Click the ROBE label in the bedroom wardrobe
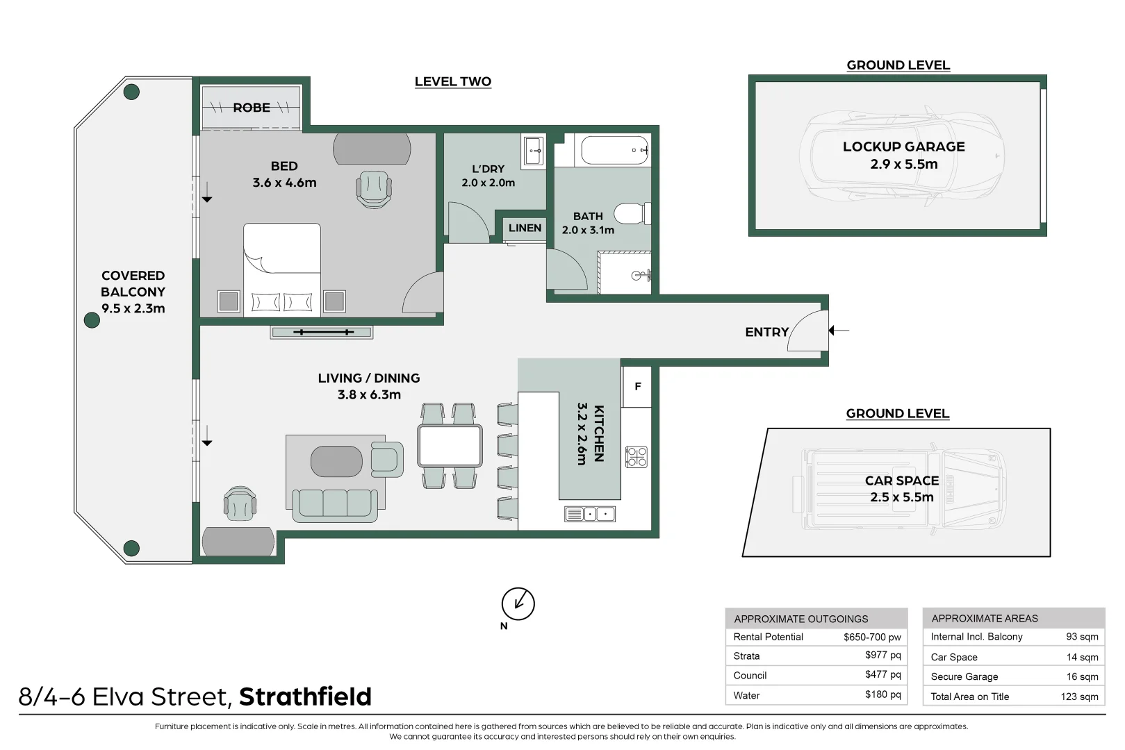[252, 108]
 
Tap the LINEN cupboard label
[525, 228]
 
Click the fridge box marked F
[637, 387]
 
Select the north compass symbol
[518, 603]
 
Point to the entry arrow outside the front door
[839, 331]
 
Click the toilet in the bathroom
[633, 213]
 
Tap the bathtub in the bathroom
[614, 150]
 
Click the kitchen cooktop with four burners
[637, 456]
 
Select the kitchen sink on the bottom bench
[590, 515]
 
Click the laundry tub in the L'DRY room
[533, 151]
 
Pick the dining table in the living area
[450, 446]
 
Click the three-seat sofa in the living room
[335, 505]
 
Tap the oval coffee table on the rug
[336, 462]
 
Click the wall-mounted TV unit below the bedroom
[322, 333]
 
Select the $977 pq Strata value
[882, 655]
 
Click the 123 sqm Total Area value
[1079, 697]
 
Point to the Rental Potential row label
[768, 637]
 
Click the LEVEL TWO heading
[452, 81]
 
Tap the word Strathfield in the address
[305, 697]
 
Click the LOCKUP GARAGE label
[903, 147]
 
